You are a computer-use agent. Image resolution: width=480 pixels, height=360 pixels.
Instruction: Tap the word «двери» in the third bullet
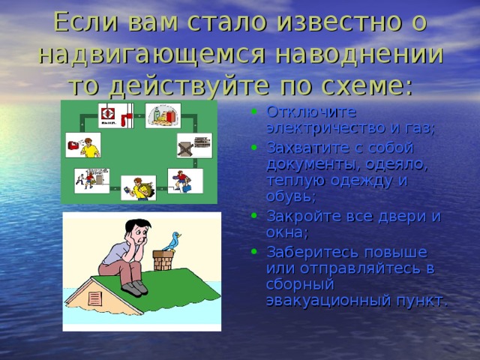(394, 216)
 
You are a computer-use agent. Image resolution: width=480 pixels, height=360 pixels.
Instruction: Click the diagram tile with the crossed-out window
(194, 145)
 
